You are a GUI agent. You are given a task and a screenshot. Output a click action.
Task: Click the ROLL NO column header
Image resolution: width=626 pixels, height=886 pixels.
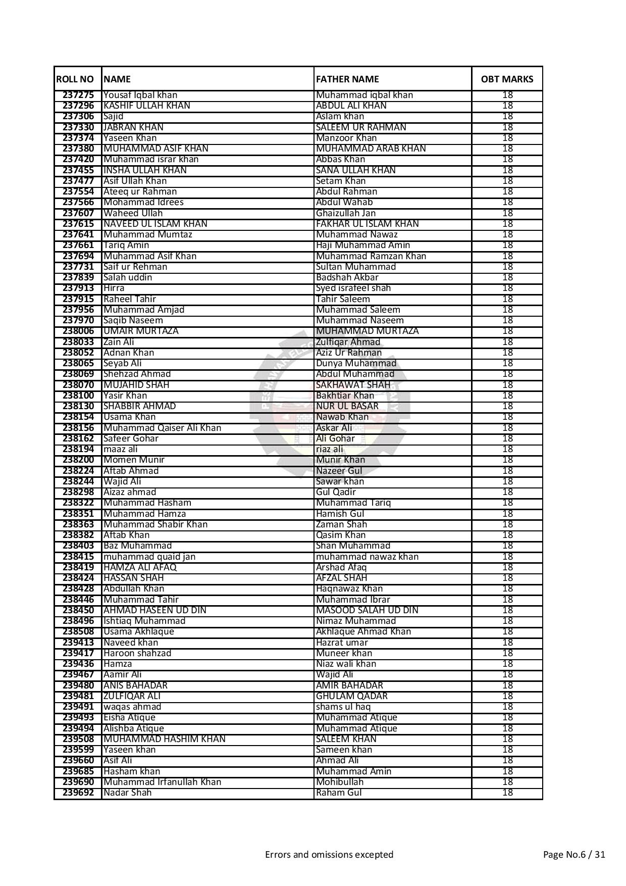(x=75, y=79)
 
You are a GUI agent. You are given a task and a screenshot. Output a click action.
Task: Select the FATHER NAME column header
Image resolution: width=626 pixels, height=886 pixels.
(x=347, y=79)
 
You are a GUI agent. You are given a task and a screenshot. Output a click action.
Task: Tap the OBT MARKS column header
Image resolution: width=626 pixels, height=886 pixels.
(x=507, y=79)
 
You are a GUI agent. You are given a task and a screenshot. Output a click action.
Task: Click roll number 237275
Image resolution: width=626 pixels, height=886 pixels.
(x=78, y=95)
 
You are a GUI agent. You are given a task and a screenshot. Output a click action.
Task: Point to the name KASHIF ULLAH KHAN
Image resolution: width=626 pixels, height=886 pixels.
(x=146, y=106)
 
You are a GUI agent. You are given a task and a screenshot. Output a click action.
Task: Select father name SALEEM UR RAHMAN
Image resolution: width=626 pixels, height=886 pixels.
(x=360, y=127)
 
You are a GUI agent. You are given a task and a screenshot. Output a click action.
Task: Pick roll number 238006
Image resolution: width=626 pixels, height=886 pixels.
(x=78, y=331)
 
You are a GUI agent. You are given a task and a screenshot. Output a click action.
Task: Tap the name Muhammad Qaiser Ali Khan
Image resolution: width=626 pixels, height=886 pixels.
(x=162, y=428)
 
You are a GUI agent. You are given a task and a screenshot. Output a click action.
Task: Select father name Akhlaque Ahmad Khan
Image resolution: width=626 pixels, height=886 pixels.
(x=363, y=631)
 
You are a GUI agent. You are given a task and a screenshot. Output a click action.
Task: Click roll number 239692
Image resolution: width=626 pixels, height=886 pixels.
(x=78, y=793)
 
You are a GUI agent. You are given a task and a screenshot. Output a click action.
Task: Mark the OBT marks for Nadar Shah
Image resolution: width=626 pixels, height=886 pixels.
(x=507, y=793)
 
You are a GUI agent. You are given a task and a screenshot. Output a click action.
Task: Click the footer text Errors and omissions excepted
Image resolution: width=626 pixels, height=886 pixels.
(x=329, y=855)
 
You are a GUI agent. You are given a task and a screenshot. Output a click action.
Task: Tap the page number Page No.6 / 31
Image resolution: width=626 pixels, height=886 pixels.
(x=574, y=855)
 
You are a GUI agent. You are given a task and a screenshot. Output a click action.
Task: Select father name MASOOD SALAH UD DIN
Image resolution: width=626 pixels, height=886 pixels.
(x=367, y=610)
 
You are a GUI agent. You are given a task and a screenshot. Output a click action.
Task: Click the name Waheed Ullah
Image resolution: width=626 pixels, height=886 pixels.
(x=133, y=213)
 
